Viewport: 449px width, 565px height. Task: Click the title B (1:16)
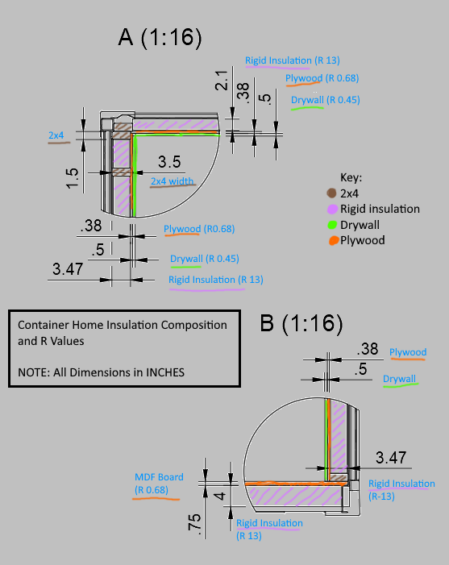click(301, 324)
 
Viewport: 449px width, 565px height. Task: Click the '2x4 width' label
click(173, 181)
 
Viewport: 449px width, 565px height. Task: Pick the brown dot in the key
click(332, 193)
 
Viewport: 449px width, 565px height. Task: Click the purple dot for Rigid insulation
click(332, 210)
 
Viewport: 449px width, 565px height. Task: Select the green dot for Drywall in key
click(332, 226)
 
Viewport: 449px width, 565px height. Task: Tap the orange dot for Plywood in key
click(332, 241)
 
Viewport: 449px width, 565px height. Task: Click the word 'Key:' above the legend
click(351, 177)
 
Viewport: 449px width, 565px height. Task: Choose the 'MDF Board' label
click(159, 477)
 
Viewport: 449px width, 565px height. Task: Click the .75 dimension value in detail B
click(193, 524)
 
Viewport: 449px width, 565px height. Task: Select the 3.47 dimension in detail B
click(390, 458)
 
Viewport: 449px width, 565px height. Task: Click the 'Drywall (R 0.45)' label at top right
click(325, 100)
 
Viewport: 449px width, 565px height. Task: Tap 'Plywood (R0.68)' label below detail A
click(198, 229)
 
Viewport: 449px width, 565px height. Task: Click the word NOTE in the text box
click(33, 372)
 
